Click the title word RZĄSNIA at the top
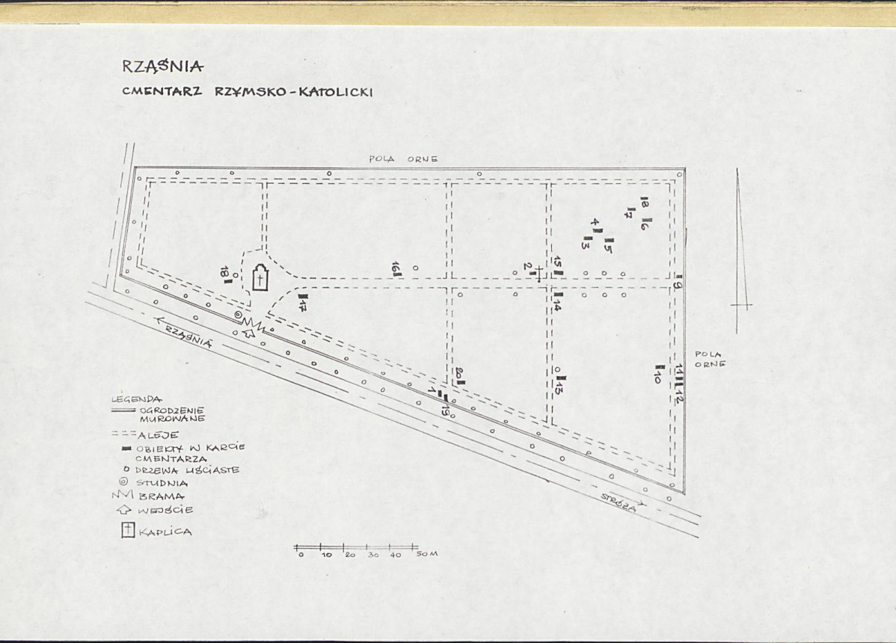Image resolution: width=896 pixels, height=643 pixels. coord(162,67)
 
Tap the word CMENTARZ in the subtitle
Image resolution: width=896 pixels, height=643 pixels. coord(162,90)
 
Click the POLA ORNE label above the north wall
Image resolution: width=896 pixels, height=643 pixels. coord(403,159)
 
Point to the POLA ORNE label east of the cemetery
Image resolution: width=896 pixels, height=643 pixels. coord(711,359)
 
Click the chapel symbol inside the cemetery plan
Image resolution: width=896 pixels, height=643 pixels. coord(260,278)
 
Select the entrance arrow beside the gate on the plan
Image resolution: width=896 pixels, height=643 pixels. coord(248,333)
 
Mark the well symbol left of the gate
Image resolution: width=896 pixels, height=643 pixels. coord(239,316)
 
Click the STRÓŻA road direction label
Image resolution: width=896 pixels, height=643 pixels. coord(619,502)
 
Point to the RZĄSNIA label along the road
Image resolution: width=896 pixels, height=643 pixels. coord(188,336)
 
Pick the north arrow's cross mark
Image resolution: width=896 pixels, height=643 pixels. coord(741,306)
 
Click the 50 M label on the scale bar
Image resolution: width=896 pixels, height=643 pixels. coord(427,554)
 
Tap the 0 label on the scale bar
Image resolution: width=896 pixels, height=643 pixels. coord(301,555)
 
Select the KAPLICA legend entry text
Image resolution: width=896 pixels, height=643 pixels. coord(165,532)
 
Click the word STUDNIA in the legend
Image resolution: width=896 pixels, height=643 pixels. coord(162,483)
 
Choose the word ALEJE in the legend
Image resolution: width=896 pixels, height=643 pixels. coord(159,435)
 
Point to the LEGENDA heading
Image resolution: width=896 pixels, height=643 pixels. coord(136,399)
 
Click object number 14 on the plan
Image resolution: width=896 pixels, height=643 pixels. coord(557,301)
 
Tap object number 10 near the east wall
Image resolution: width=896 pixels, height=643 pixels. coord(657,374)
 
